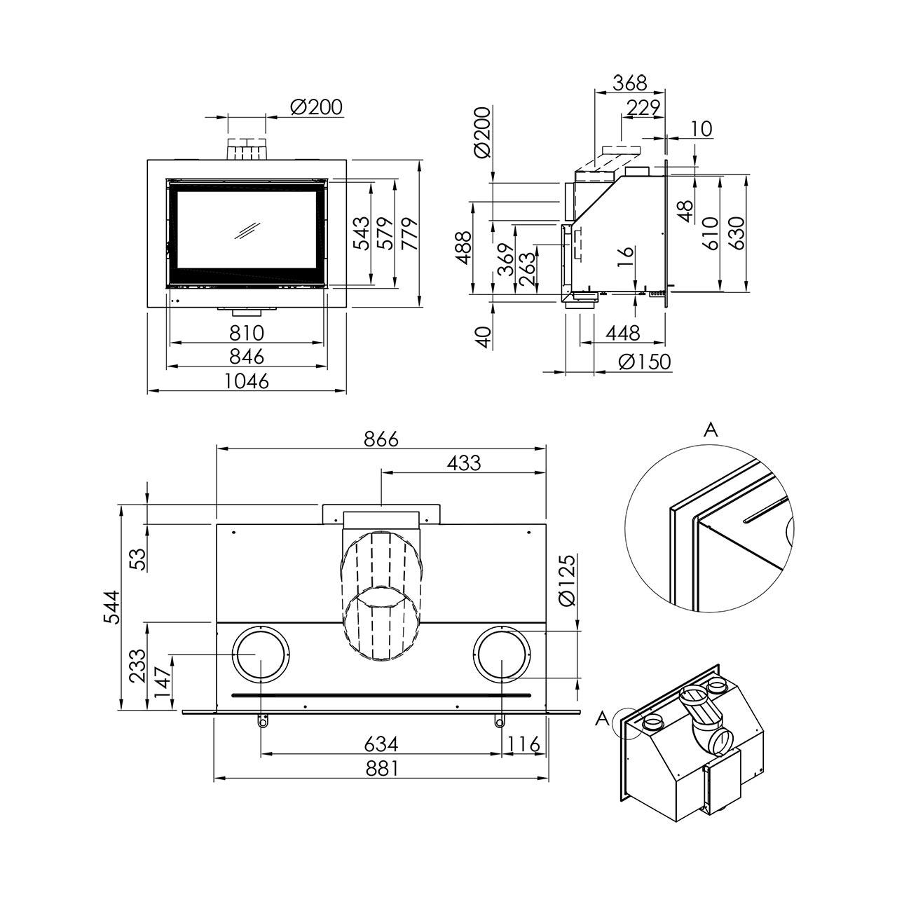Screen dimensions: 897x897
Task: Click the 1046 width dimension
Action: point(247,381)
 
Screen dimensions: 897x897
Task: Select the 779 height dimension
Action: point(410,233)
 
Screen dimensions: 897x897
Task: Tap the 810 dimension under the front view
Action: point(247,333)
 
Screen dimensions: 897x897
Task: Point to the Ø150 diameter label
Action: point(645,362)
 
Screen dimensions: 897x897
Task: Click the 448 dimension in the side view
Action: point(623,333)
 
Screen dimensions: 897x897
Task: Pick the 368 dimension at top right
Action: point(630,83)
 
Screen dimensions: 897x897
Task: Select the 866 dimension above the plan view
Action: point(381,439)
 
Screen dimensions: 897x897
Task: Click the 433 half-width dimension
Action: point(464,463)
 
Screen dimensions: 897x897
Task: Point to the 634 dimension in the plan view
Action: point(381,744)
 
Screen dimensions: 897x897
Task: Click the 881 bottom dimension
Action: point(381,768)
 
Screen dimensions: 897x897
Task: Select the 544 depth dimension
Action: point(111,607)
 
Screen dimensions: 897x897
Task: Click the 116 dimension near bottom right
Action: point(523,744)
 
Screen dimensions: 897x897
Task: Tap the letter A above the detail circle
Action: point(711,430)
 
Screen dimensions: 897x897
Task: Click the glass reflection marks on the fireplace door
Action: point(247,231)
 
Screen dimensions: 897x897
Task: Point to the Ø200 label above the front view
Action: point(316,107)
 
